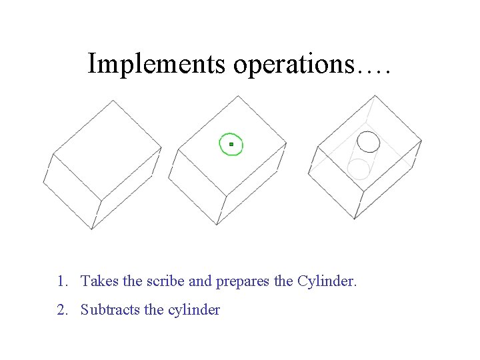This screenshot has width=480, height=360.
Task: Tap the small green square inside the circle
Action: [231, 144]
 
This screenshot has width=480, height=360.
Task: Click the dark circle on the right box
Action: [369, 141]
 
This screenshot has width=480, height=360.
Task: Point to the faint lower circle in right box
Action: [359, 169]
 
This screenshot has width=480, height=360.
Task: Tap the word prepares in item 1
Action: [242, 282]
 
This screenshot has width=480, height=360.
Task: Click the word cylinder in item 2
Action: [193, 310]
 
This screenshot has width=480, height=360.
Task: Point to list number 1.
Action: [61, 281]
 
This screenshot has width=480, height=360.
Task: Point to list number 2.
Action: [61, 310]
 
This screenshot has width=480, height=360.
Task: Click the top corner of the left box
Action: [113, 101]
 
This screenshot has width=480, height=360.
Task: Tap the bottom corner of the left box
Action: [92, 229]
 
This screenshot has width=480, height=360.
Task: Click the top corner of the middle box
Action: [237, 96]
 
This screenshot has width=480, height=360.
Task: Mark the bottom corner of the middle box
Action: [217, 225]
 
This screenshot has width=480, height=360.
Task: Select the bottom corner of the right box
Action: [355, 219]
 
